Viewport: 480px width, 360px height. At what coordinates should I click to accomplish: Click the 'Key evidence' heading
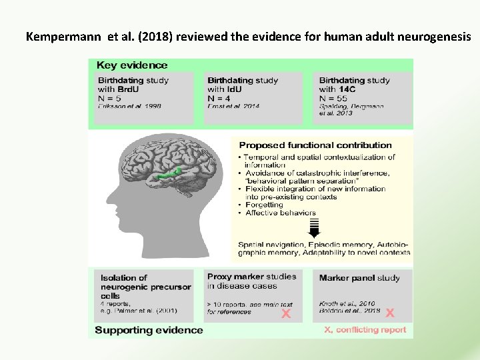coord(132,65)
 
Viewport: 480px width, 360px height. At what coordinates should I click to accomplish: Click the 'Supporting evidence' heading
coord(149,330)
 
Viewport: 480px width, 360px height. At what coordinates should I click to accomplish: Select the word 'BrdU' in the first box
coord(129,89)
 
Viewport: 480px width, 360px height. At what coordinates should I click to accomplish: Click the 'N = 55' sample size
coord(334,98)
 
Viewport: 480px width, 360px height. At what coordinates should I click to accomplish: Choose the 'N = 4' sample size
coord(219,98)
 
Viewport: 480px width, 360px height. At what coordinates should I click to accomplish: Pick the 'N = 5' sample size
coord(111,98)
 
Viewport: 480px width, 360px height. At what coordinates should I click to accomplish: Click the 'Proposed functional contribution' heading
coord(315,145)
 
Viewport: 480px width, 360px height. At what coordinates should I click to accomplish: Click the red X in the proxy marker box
coord(285,313)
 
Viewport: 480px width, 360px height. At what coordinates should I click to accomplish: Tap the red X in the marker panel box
coord(390,312)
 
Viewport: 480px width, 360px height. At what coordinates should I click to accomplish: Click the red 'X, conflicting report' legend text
coord(365,330)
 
